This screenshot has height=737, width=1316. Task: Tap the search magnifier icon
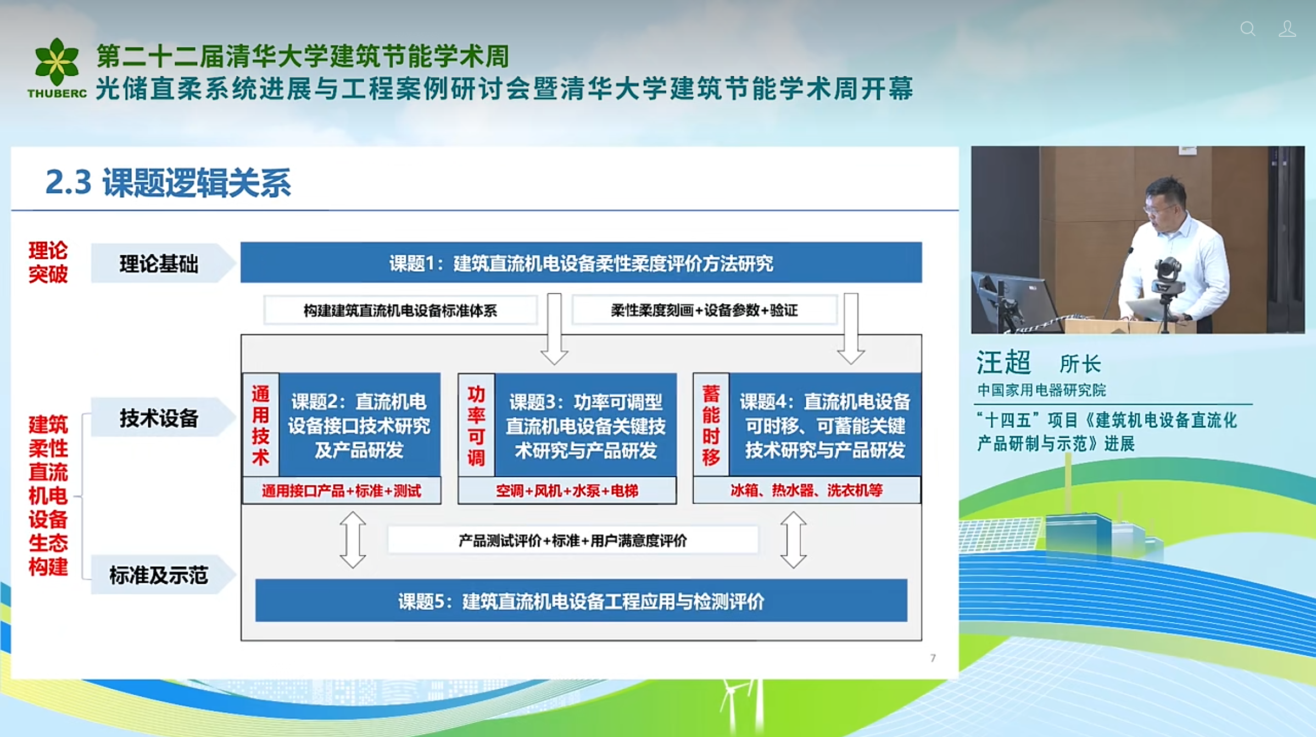click(x=1248, y=29)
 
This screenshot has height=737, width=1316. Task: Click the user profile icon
click(x=1287, y=29)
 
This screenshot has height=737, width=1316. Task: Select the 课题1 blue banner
click(x=581, y=263)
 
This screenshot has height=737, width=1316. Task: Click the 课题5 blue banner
click(x=581, y=601)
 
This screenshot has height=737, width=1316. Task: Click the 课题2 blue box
click(x=360, y=425)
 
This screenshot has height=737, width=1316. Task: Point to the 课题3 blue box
click(x=585, y=426)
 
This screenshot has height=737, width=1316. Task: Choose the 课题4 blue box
click(x=825, y=425)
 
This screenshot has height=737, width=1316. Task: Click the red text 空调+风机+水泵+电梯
click(x=567, y=490)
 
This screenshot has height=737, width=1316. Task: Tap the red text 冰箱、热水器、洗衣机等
click(x=806, y=490)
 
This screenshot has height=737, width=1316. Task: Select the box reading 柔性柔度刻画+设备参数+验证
click(x=704, y=310)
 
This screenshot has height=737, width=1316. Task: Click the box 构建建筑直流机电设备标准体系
click(x=400, y=311)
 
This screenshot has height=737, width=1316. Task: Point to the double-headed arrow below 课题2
click(x=353, y=540)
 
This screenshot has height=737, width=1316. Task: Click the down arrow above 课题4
click(x=851, y=329)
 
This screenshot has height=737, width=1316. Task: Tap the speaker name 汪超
click(x=1003, y=362)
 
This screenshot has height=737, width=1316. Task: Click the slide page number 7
click(x=933, y=658)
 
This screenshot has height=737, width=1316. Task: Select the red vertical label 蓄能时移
click(x=711, y=425)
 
